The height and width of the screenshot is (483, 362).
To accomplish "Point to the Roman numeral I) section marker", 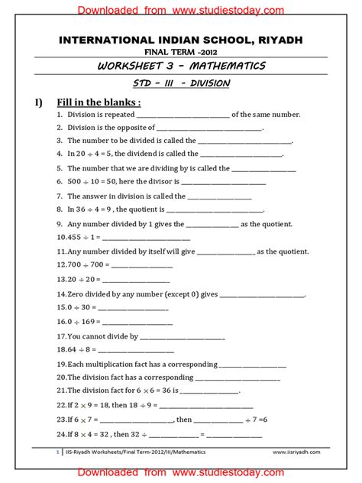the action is coord(37,102).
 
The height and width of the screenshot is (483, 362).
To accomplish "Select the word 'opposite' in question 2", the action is coord(139,128).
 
